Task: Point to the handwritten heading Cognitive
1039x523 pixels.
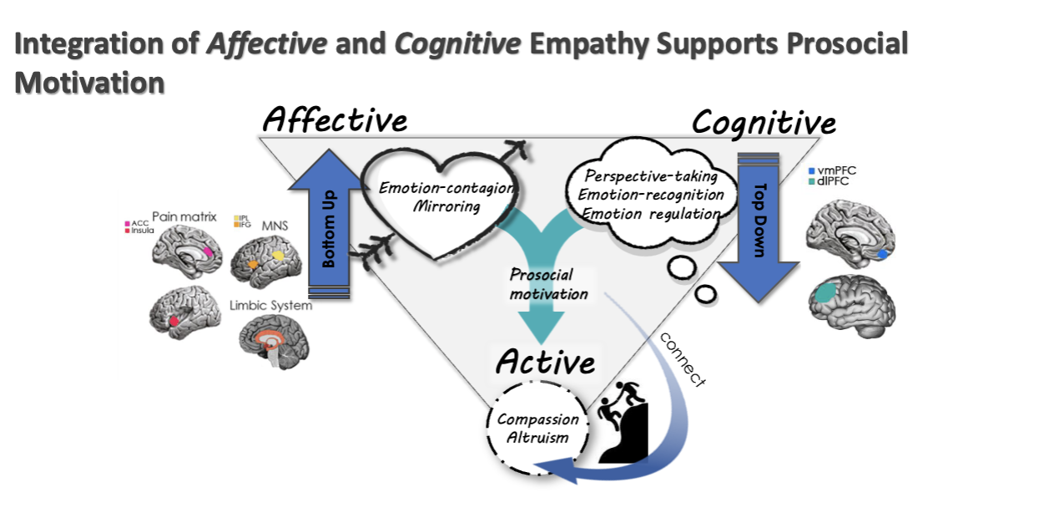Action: click(763, 123)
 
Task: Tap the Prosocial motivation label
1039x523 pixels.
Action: click(549, 284)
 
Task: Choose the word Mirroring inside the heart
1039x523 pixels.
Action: click(446, 206)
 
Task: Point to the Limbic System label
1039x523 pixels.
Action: click(270, 306)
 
